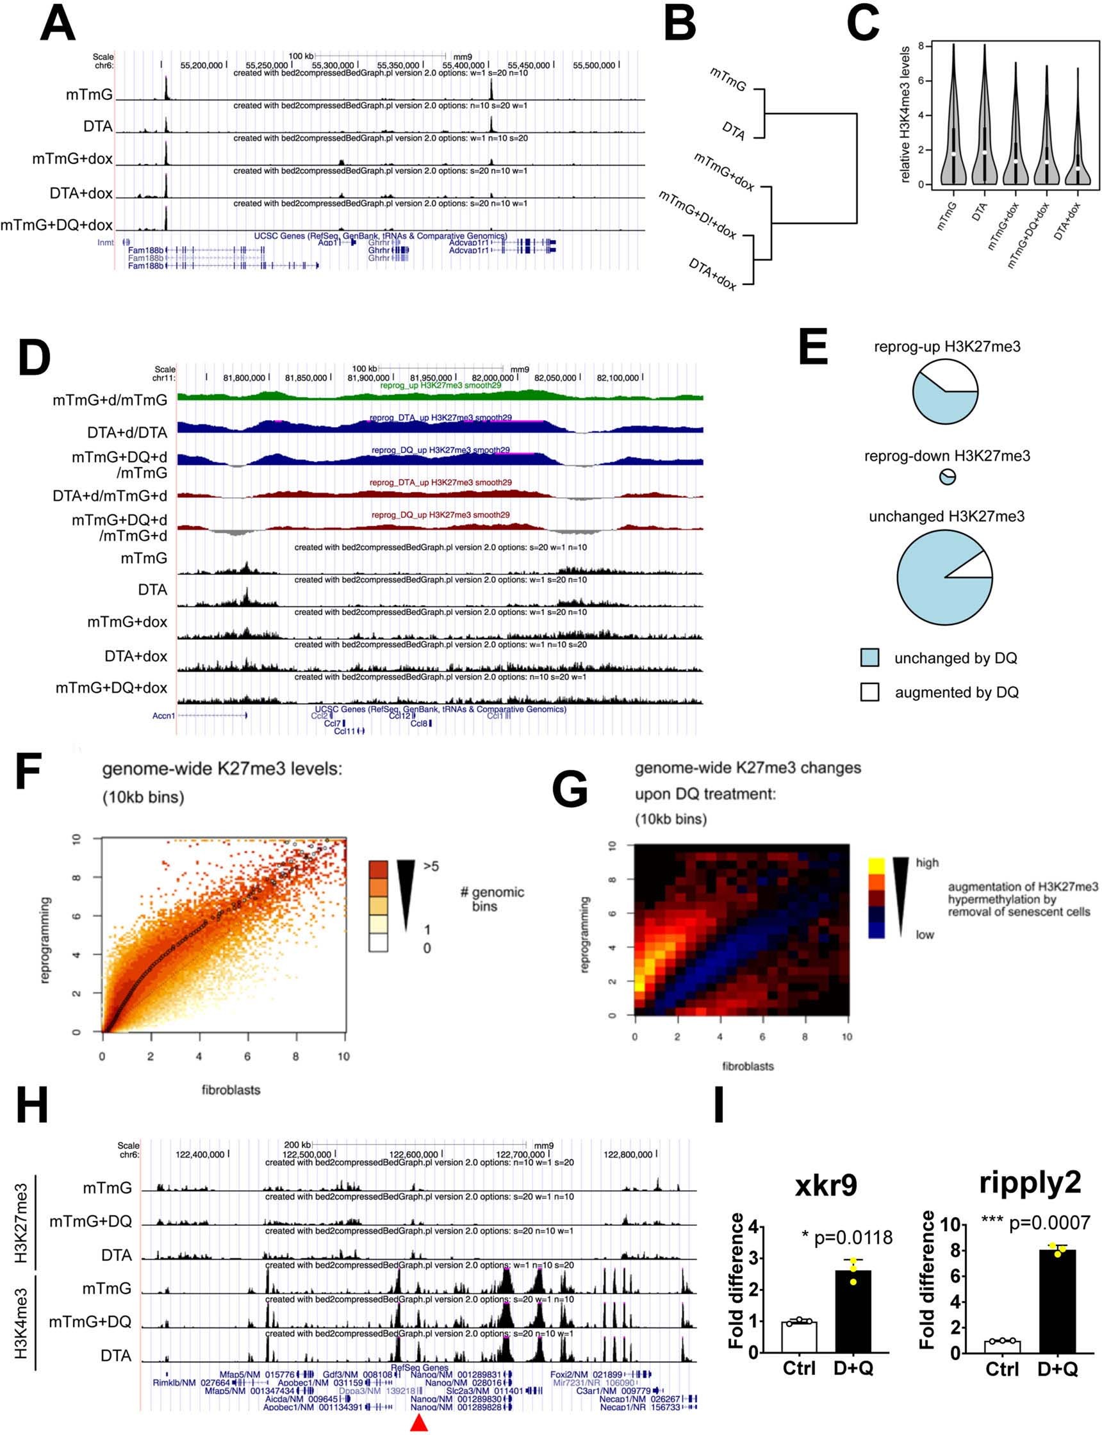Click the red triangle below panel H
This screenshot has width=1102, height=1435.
coord(418,1423)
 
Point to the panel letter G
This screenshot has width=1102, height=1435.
coord(570,791)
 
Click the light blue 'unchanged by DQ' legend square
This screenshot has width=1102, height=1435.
coord(870,657)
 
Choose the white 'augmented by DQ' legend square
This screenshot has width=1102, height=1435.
coord(870,692)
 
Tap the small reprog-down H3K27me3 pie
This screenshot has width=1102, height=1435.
coord(947,477)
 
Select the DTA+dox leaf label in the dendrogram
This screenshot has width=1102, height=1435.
coord(712,274)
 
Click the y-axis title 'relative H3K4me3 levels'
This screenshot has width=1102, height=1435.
coord(905,115)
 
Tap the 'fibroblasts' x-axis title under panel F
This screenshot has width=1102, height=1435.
coord(231,1090)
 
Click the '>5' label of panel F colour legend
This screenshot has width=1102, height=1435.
coord(431,866)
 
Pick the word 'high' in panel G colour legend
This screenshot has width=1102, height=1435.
coord(927,862)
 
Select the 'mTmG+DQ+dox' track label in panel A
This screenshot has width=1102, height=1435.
coord(56,225)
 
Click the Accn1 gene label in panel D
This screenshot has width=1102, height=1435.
coord(163,716)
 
